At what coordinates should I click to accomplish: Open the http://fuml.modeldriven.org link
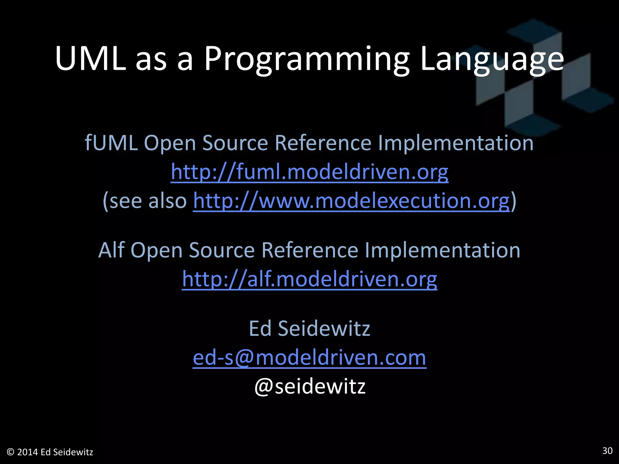pos(309,172)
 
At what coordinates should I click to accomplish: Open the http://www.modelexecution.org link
pos(351,201)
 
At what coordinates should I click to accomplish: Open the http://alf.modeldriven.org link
pos(309,279)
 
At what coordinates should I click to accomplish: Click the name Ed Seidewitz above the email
pos(309,328)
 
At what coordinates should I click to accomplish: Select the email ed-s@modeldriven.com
pos(309,357)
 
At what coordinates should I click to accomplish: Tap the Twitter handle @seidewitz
pos(310,386)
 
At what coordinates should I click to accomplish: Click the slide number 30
pos(607,451)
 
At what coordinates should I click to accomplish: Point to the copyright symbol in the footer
pos(11,452)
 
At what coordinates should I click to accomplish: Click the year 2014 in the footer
pos(28,452)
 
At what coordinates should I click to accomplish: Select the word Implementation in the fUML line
pos(456,143)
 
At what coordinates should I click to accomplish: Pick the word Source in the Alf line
pos(222,250)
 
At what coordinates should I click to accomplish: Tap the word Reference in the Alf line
pos(309,250)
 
